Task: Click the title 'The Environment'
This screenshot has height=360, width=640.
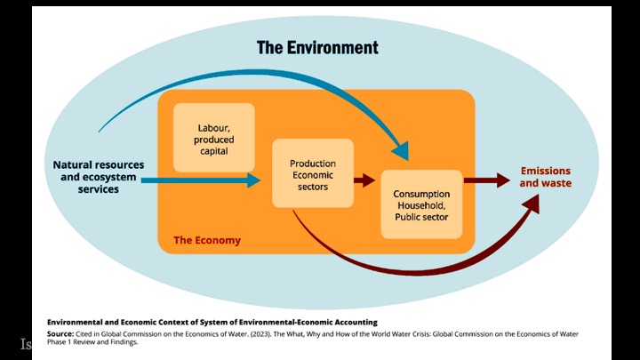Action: click(x=317, y=47)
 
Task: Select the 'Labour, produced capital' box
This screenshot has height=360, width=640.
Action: click(x=213, y=138)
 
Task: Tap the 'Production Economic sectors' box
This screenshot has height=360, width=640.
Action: click(x=312, y=174)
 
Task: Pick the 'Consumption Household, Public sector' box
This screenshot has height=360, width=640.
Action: click(x=421, y=204)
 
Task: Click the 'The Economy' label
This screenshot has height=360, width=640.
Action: click(x=206, y=241)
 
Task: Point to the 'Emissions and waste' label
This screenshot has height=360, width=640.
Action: click(x=545, y=177)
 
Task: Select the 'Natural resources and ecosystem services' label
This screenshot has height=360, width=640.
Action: click(x=98, y=177)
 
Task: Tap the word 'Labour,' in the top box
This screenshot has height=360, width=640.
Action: click(x=213, y=127)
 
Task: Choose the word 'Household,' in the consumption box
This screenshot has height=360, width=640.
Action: click(x=421, y=204)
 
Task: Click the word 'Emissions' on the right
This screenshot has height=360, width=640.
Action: click(x=545, y=171)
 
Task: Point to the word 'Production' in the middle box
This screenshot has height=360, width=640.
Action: click(x=312, y=164)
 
